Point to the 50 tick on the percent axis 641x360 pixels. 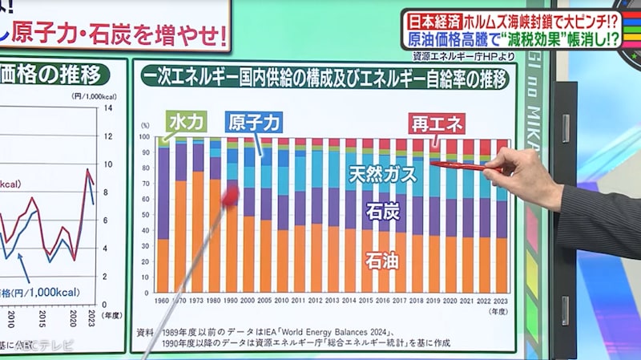tap(146, 214)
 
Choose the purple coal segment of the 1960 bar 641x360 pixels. tap(163, 192)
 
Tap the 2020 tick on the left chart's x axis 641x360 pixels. tap(74, 313)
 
